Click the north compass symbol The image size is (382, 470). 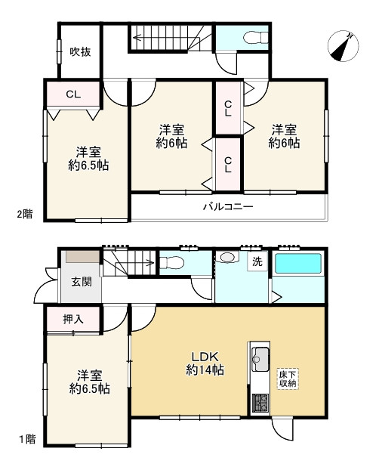click(343, 46)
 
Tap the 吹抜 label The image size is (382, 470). click(80, 52)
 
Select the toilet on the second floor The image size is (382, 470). click(256, 38)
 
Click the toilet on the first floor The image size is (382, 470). click(171, 264)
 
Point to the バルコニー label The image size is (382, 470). click(228, 207)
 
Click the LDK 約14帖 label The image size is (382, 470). click(205, 363)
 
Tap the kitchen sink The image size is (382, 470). click(260, 359)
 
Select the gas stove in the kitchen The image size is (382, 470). click(260, 403)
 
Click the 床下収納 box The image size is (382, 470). click(288, 379)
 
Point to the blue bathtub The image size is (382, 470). click(298, 264)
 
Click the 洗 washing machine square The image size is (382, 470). click(257, 261)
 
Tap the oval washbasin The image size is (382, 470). click(227, 257)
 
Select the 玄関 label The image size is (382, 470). click(82, 282)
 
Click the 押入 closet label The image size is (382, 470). click(73, 320)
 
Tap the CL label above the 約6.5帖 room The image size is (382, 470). click(73, 94)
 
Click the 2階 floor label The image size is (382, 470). click(25, 214)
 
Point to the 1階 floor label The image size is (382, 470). click(27, 440)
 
